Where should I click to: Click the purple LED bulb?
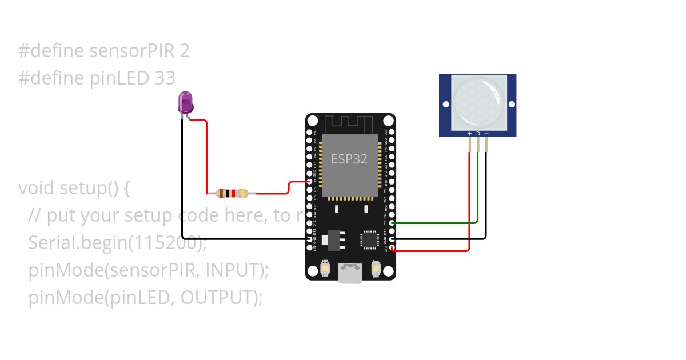pos(186,102)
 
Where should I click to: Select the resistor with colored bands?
pos(232,193)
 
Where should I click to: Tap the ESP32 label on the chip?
pos(349,158)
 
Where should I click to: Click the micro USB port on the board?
pos(349,273)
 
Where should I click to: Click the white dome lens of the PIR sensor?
pos(478,102)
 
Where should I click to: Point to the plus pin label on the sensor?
pos(470,134)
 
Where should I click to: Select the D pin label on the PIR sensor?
pos(478,134)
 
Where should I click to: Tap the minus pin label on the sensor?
pos(486,134)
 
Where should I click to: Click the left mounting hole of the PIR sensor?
pos(446,104)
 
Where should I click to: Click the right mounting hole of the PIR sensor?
pos(511,104)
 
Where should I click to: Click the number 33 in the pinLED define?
pos(165,78)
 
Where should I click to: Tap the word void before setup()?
pos(37,188)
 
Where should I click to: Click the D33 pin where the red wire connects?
pos(310,181)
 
